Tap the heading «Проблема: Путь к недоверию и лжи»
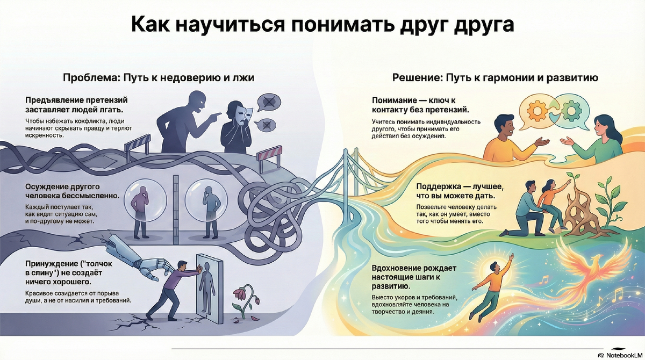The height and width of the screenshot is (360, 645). tap(159, 78)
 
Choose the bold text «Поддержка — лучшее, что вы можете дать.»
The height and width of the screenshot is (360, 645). tap(460, 191)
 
